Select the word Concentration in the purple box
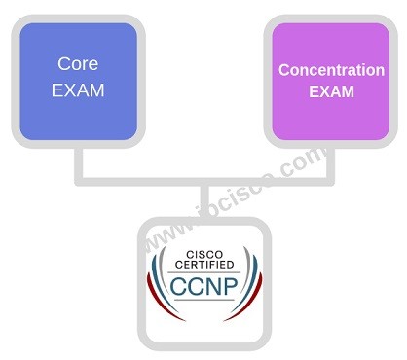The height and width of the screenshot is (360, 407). click(331, 70)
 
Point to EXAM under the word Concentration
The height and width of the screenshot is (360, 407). click(331, 92)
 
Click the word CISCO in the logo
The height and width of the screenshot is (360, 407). click(206, 255)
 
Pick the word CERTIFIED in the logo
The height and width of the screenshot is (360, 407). click(206, 266)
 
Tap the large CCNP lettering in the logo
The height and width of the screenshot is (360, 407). click(206, 288)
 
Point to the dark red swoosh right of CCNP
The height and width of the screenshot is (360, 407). click(255, 292)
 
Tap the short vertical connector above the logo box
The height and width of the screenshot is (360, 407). click(205, 200)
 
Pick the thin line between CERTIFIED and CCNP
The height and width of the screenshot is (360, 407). click(206, 272)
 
